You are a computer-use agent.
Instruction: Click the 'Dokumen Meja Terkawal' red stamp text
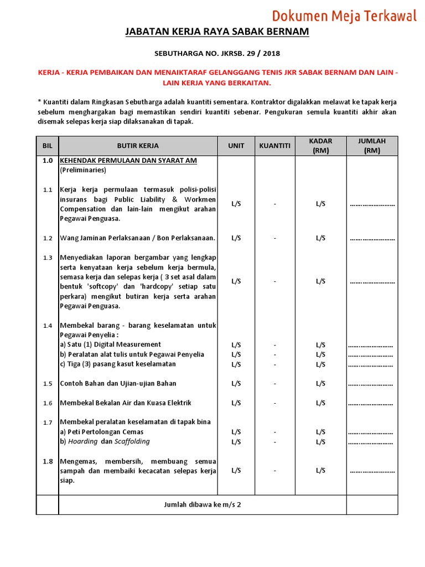[x=344, y=16]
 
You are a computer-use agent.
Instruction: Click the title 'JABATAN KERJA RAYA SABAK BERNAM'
[x=217, y=32]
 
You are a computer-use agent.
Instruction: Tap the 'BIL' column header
[x=47, y=146]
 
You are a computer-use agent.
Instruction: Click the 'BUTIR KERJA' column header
[x=138, y=146]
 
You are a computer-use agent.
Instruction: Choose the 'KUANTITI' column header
[x=274, y=146]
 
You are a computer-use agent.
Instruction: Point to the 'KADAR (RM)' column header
[x=320, y=146]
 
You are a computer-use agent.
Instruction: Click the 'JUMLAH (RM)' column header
[x=372, y=146]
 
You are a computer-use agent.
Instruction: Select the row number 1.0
[x=48, y=161]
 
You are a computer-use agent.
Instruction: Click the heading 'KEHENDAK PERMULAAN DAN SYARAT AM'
[x=128, y=161]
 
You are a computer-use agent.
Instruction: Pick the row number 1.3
[x=48, y=257]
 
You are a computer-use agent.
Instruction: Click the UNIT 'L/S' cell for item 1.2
[x=236, y=238]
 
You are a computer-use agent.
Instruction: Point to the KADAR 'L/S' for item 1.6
[x=320, y=403]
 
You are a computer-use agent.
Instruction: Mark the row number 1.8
[x=48, y=461]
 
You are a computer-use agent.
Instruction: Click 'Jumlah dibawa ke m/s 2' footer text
[x=203, y=504]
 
